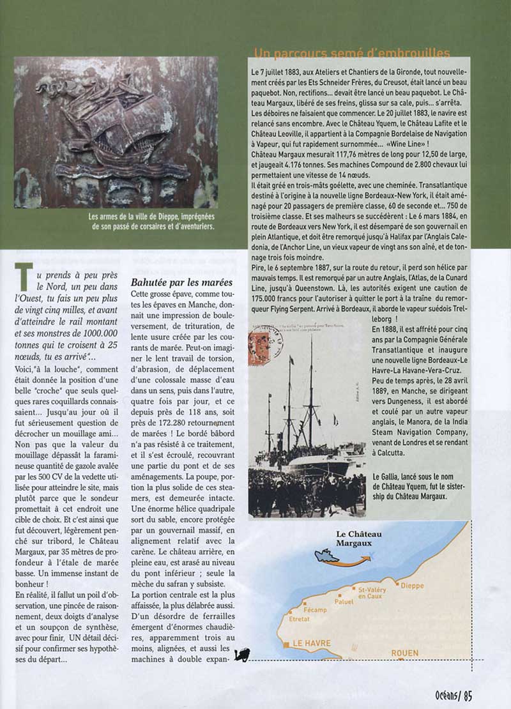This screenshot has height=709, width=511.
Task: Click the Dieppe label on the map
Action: point(412,586)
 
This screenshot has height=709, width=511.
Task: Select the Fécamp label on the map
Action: point(315,610)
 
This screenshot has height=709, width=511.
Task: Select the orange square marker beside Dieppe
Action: point(397,584)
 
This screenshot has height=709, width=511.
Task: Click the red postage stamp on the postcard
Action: point(259,348)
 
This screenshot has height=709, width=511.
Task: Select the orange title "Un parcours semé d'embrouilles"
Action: point(352,54)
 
